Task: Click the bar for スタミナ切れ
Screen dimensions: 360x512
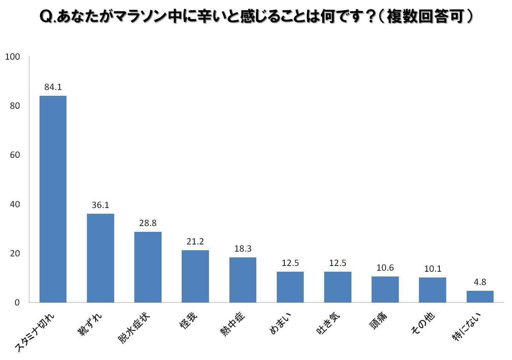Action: [53, 199]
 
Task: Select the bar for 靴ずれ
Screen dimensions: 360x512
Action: [100, 258]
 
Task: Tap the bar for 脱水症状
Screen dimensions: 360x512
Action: [148, 267]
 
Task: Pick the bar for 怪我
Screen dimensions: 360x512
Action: [195, 276]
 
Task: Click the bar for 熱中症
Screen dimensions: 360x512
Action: [243, 280]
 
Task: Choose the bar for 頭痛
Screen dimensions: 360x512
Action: [385, 289]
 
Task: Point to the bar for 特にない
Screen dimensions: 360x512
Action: [480, 297]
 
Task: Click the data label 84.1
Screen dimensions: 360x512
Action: [53, 87]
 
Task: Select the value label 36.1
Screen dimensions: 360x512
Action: [100, 205]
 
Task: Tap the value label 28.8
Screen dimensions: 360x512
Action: [148, 223]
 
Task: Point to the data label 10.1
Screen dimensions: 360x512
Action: [433, 269]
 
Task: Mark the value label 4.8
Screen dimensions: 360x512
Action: [480, 282]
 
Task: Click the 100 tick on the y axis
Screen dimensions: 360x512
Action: [13, 57]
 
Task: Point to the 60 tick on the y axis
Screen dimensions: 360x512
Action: [15, 155]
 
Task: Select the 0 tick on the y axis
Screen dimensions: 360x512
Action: [17, 303]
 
